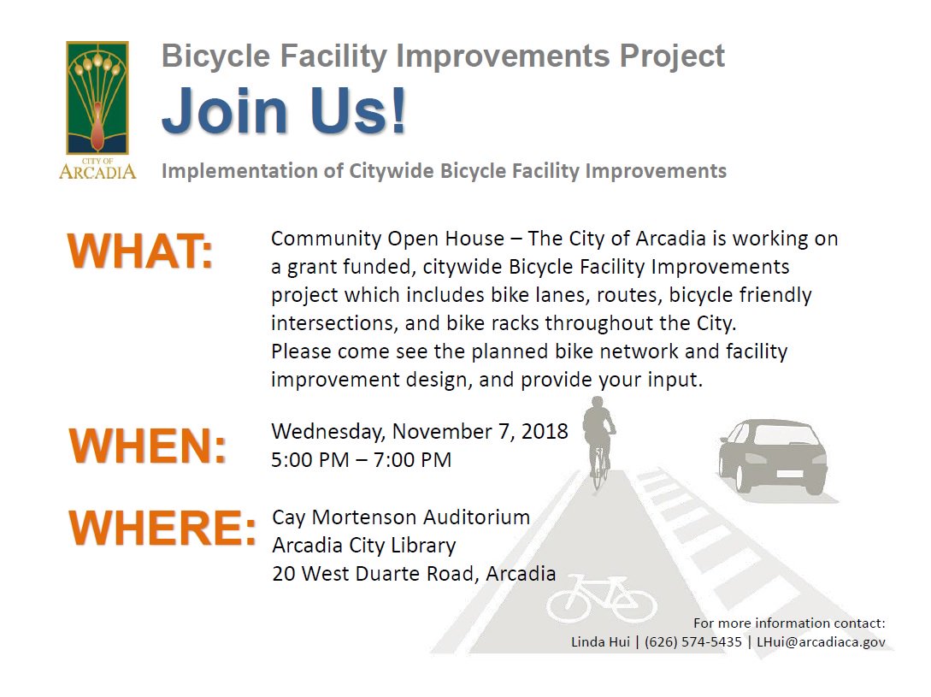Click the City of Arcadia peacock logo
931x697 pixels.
(97, 109)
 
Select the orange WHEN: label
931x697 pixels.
(148, 446)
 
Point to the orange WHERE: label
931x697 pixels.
(162, 529)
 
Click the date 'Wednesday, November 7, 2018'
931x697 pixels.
(419, 431)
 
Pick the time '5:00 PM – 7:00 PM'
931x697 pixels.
(361, 460)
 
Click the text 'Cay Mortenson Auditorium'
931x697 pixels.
(401, 517)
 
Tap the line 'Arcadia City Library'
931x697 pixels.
(363, 546)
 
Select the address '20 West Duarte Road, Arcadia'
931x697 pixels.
(414, 574)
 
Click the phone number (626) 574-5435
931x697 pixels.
(693, 641)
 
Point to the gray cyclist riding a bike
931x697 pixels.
(598, 436)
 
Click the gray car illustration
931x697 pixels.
(773, 456)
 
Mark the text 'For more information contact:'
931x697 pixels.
(789, 623)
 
